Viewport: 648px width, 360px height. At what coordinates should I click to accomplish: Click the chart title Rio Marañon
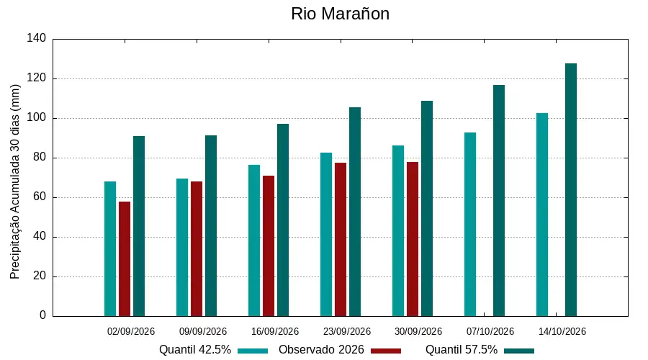[340, 14]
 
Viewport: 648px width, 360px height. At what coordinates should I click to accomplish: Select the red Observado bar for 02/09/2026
[125, 258]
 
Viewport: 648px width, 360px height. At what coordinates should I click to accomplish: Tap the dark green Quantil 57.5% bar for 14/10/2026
[571, 189]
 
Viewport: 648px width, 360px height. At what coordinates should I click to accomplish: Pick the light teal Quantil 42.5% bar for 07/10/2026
[470, 225]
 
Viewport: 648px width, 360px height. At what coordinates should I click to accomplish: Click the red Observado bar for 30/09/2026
[413, 239]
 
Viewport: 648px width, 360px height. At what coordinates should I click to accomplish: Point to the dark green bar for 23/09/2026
[355, 212]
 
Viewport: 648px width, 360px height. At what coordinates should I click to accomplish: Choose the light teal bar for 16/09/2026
[254, 240]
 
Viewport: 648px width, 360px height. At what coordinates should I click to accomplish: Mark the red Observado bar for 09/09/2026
[197, 249]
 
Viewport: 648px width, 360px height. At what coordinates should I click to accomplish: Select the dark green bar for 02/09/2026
[139, 226]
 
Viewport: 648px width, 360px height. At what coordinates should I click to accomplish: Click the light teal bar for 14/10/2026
[542, 215]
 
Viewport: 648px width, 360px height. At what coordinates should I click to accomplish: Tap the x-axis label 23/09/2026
[347, 331]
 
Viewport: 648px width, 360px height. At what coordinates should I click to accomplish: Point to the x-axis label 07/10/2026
[490, 331]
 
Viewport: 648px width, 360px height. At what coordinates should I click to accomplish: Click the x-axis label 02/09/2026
[130, 331]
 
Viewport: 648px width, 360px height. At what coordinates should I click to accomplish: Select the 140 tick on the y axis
[37, 38]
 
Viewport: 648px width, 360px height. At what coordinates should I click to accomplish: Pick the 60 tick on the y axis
[40, 197]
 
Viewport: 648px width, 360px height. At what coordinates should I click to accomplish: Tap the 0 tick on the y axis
[43, 315]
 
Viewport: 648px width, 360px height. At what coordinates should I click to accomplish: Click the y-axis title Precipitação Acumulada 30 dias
[15, 182]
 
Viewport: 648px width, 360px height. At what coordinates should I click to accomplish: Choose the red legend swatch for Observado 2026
[386, 351]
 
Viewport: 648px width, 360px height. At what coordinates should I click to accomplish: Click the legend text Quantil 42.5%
[195, 350]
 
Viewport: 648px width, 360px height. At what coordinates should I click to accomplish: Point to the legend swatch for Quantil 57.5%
[519, 351]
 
